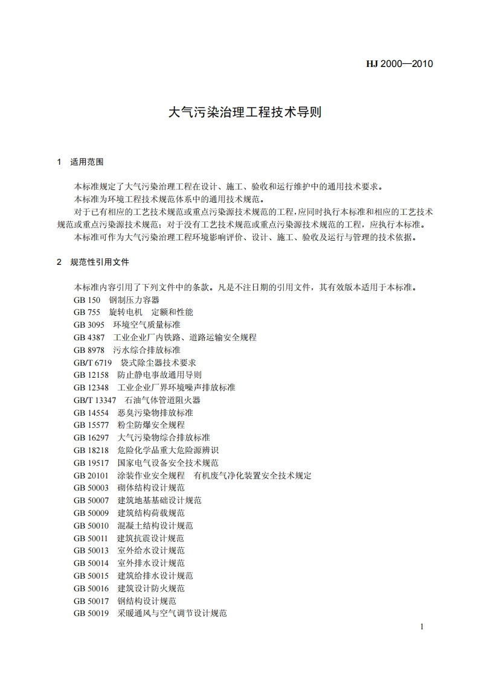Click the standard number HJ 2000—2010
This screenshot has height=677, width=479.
click(400, 63)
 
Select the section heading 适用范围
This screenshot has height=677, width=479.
click(87, 162)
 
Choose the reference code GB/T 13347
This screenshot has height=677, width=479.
click(95, 400)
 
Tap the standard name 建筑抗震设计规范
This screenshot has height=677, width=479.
click(151, 538)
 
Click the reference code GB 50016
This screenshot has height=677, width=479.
click(91, 588)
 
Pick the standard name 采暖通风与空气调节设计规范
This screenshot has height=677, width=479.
click(172, 614)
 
